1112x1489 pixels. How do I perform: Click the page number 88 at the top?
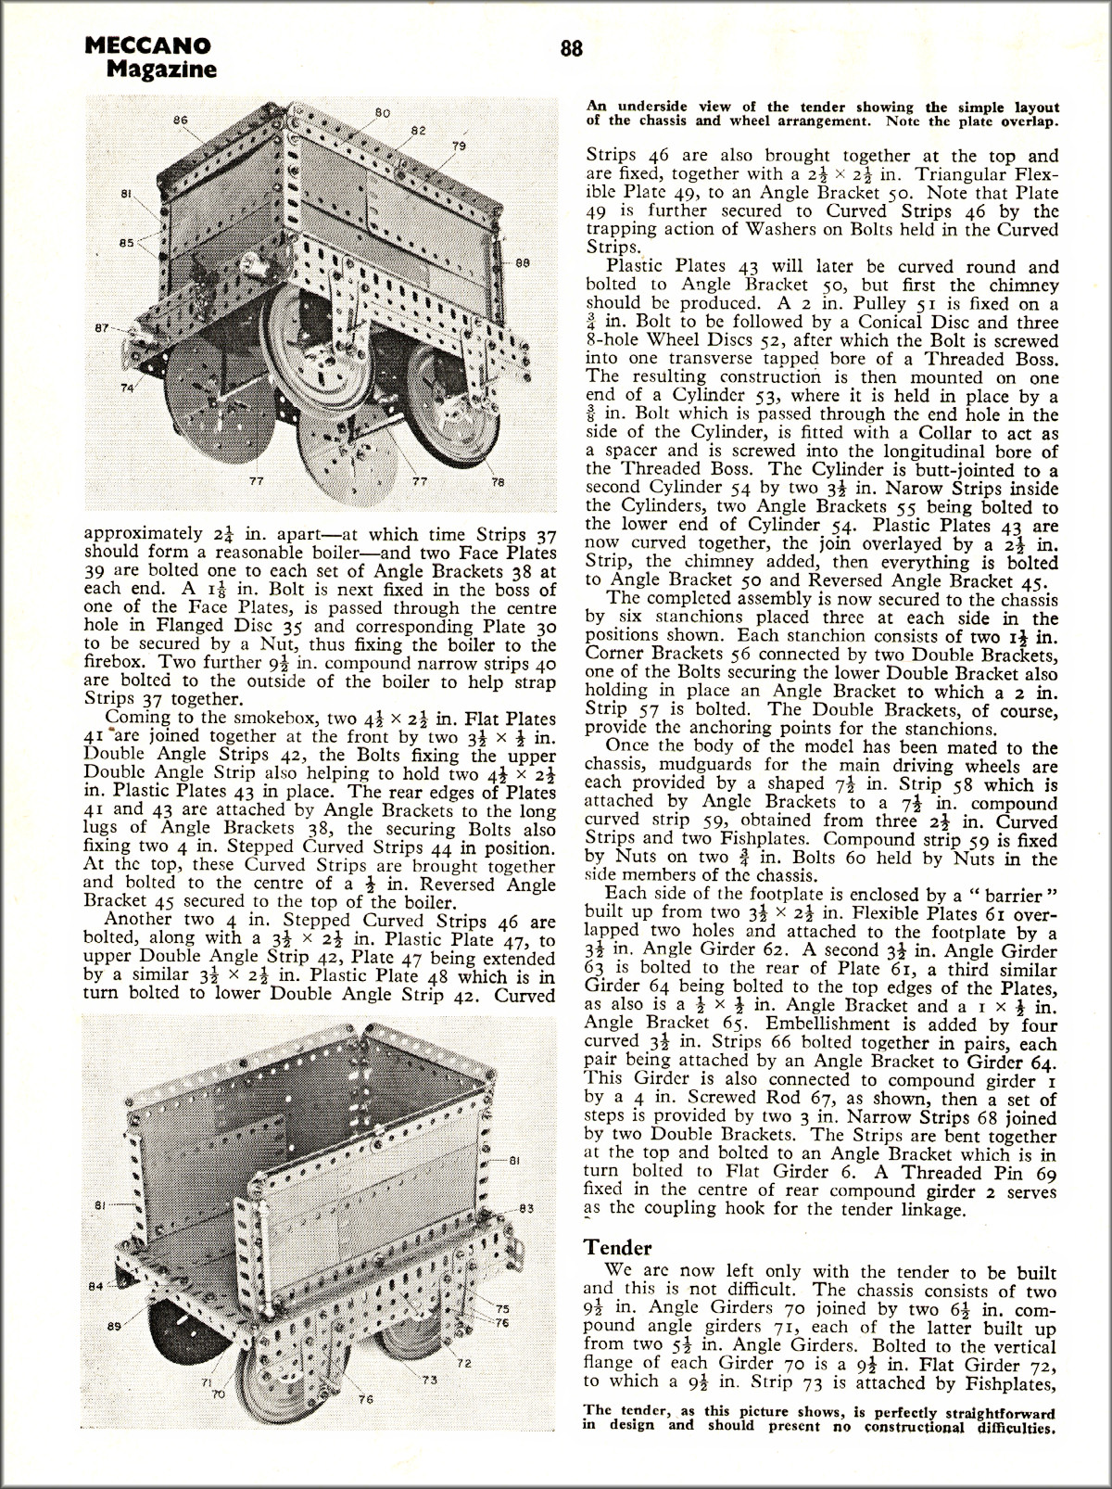tap(571, 49)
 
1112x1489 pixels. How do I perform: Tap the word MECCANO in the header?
tap(146, 45)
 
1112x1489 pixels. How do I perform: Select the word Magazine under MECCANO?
tap(161, 69)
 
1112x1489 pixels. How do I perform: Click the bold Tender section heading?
tap(618, 1248)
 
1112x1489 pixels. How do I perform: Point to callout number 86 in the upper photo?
tap(181, 120)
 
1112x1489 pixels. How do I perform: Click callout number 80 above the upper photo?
tap(382, 112)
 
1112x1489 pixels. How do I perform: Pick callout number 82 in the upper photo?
tap(418, 129)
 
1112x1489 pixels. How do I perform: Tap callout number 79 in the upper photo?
tap(459, 146)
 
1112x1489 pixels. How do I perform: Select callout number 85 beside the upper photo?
tap(127, 244)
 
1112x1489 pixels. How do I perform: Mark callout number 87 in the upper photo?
tap(102, 328)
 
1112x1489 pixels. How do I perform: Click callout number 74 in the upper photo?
tap(127, 389)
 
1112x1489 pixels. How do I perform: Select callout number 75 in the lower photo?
tap(503, 1308)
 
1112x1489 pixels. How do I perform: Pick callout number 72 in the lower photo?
tap(466, 1363)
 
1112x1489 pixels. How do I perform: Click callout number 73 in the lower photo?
tap(429, 1380)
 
